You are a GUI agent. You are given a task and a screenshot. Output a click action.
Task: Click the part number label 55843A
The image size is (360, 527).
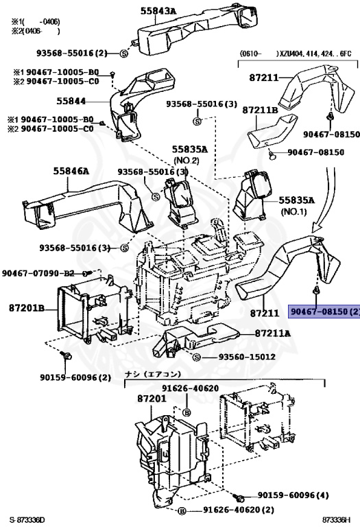click(158, 11)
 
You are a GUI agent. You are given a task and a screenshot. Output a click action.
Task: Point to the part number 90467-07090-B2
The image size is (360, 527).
click(38, 273)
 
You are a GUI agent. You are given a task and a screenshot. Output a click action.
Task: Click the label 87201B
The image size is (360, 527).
click(27, 309)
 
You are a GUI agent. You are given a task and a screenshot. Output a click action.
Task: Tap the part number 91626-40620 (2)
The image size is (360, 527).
click(238, 510)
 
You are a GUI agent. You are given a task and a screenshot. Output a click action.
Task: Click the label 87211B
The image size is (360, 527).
click(259, 110)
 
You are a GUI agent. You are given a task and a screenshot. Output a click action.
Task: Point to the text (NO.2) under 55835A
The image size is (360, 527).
click(185, 160)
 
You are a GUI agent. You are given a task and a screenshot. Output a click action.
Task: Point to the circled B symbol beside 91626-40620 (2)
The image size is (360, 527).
click(182, 511)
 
